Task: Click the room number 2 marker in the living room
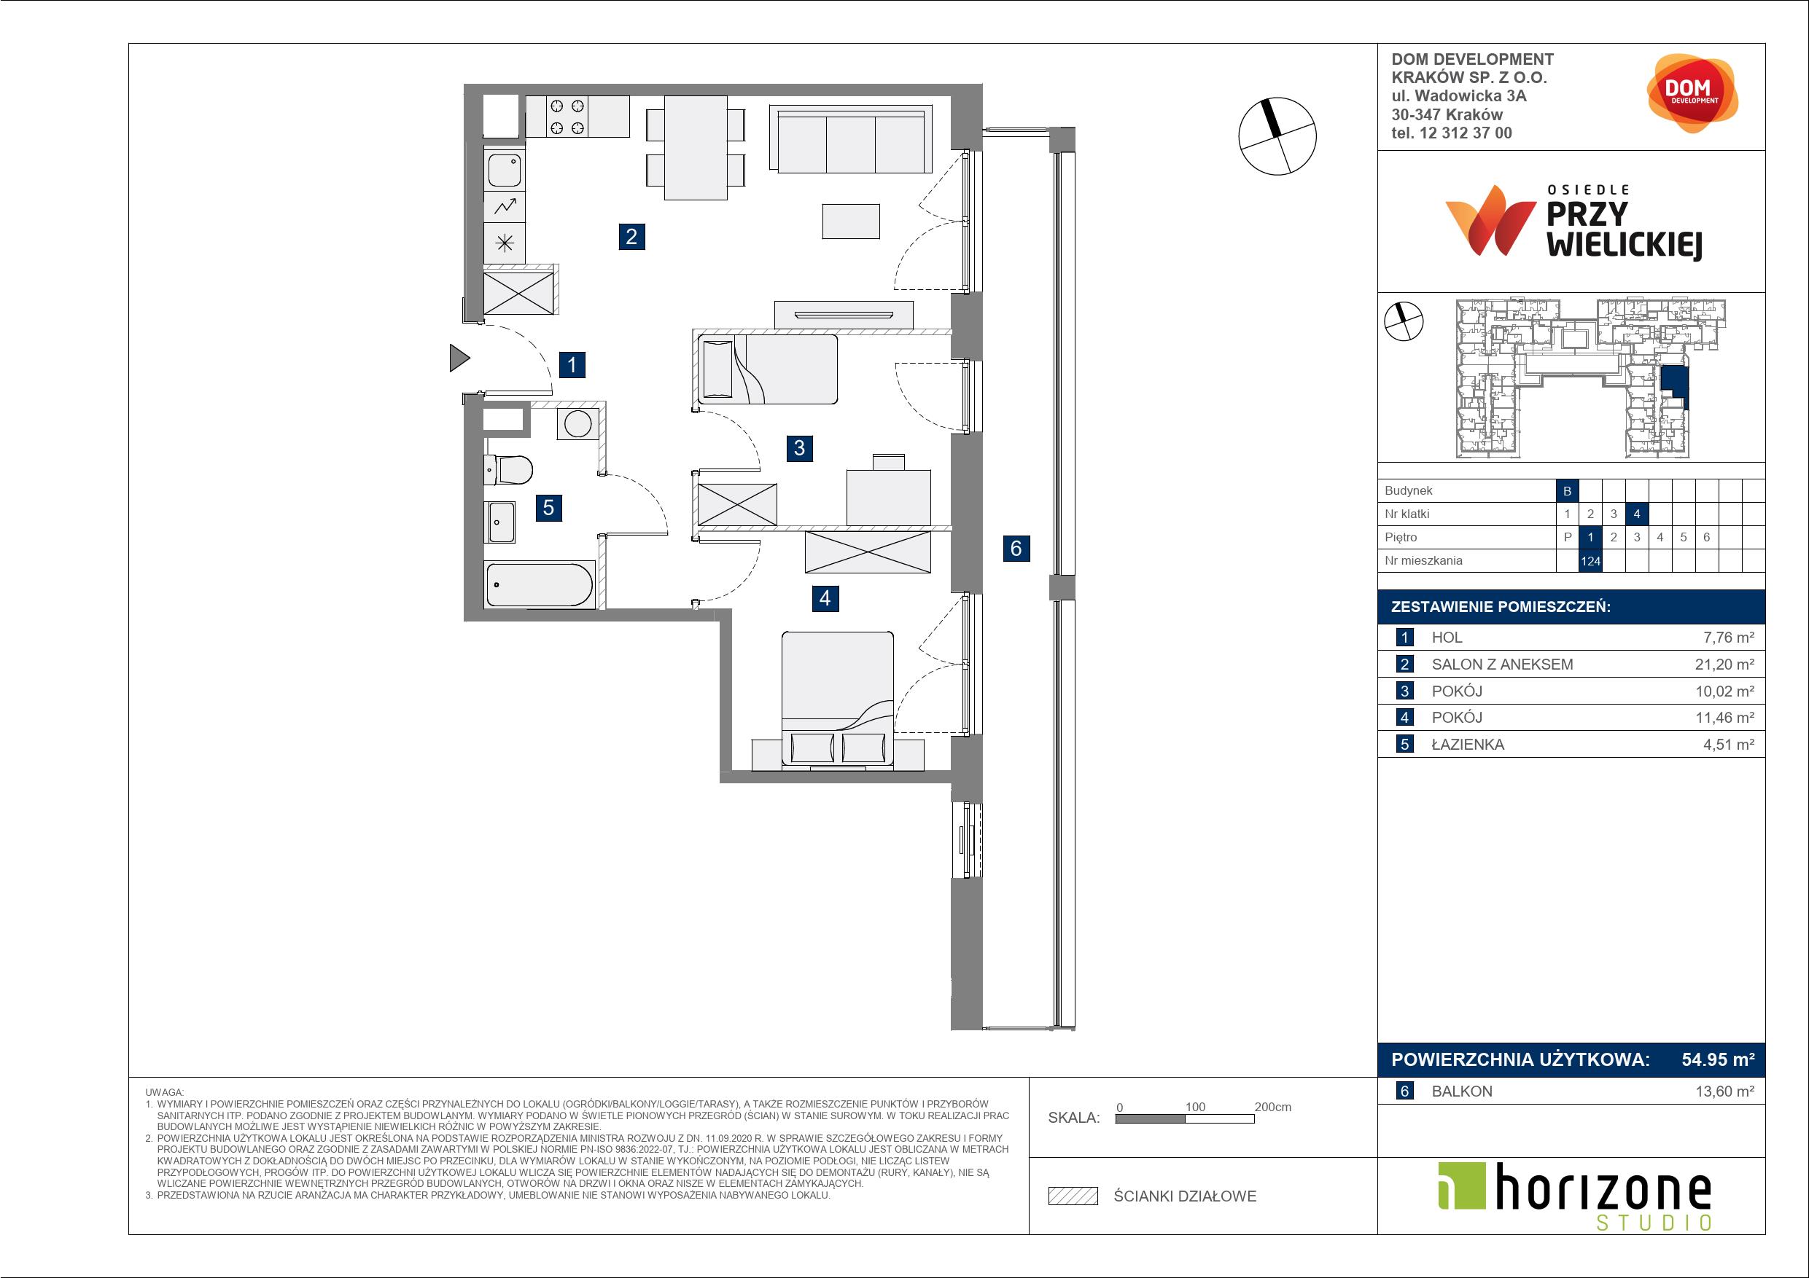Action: pos(631,236)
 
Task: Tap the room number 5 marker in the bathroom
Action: pos(548,508)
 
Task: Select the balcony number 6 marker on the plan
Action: pos(1016,548)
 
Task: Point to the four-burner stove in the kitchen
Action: pos(567,117)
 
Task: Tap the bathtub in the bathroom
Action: pos(540,584)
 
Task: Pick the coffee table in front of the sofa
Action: pos(851,221)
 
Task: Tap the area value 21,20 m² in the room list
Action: pos(1724,664)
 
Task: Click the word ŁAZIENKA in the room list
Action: pos(1467,744)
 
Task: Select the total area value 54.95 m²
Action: pos(1718,1059)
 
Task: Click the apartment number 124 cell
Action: pos(1590,560)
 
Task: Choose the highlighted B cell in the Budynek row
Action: pos(1567,490)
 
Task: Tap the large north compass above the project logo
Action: pos(1277,136)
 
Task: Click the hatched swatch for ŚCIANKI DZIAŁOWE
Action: pos(1073,1196)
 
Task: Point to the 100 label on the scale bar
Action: pos(1195,1106)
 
